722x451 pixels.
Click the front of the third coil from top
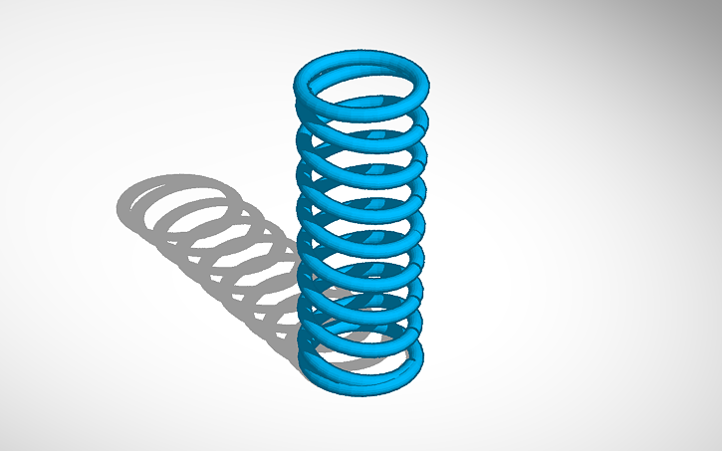point(364,168)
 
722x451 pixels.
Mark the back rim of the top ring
point(364,56)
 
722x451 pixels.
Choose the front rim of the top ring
point(364,110)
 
